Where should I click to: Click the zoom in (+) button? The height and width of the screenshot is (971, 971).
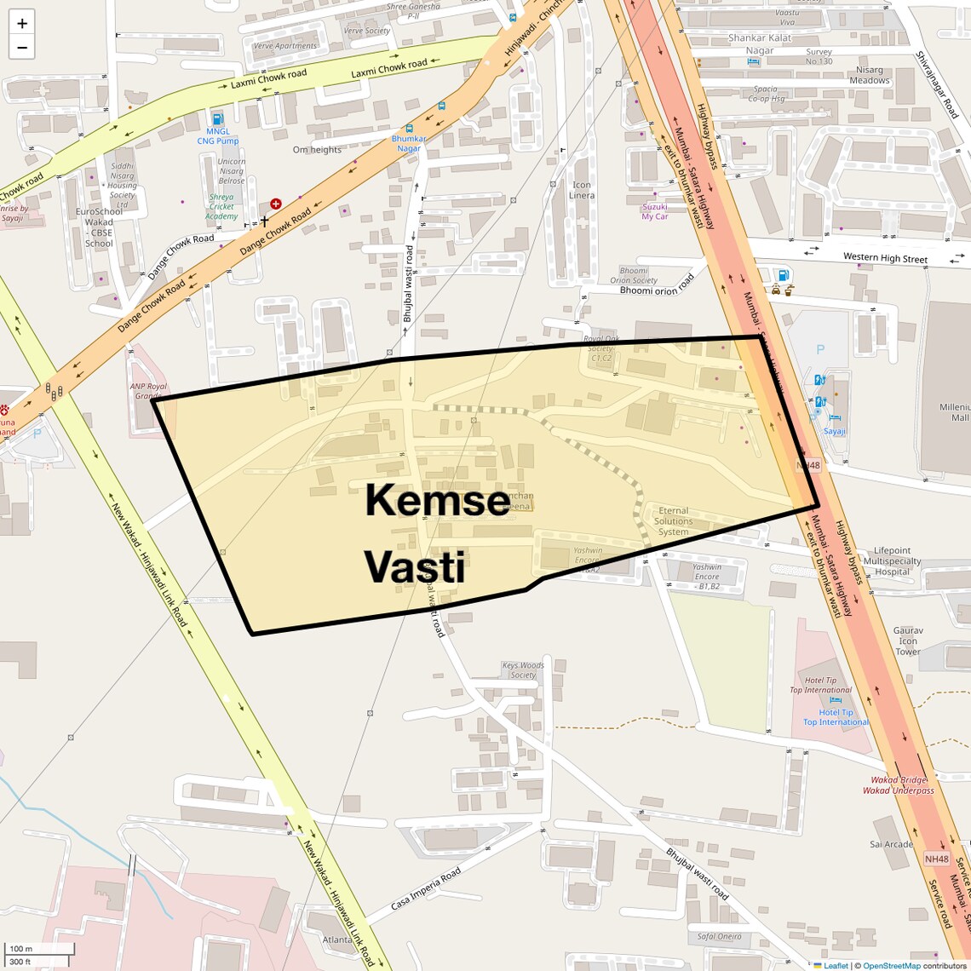pos(22,24)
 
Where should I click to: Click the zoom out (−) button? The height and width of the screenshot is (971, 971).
pos(22,48)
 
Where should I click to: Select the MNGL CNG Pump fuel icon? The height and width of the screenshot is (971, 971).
pos(217,119)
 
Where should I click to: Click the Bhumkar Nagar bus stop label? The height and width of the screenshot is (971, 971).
pos(408,143)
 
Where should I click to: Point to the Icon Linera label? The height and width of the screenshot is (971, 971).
pos(582,190)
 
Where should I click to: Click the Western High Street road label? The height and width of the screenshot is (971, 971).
pos(885,258)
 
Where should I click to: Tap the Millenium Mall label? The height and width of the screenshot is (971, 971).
pos(954,412)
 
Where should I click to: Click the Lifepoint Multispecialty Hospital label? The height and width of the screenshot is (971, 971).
pos(892,561)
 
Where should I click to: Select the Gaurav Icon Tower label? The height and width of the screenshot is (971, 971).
pos(908,641)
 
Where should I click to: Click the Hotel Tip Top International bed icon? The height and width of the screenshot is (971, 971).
pos(836,700)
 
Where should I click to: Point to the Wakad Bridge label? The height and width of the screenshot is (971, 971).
pos(899,780)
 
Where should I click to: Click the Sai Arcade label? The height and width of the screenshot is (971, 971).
pos(891,845)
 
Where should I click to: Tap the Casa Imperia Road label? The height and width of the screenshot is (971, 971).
pos(426,888)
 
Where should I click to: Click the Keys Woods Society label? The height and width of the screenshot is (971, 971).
pos(523,670)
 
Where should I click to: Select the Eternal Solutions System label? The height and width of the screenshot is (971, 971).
pos(673,521)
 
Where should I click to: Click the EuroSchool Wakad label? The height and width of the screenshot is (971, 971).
pos(99,227)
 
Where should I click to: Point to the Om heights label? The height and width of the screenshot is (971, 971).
pos(317,150)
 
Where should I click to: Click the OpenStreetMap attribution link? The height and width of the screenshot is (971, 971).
pos(891,965)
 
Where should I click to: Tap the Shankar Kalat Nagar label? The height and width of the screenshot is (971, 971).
pos(760,44)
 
